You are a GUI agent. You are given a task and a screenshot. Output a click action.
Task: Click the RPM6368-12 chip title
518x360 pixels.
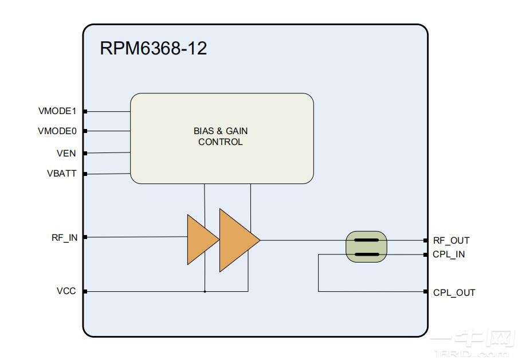153,48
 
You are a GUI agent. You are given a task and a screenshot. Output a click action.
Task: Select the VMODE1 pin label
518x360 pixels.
57,111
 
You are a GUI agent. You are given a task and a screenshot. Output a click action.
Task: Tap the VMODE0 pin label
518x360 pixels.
57,131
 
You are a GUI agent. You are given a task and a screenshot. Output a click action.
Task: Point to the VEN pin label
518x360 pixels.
66,153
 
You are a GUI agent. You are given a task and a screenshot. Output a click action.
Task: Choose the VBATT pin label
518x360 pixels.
61,173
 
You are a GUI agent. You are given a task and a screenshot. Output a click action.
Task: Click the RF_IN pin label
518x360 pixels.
64,237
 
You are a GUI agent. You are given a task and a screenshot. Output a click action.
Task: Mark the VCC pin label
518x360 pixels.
66,291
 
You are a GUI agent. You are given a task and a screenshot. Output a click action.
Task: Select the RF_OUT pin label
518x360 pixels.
451,241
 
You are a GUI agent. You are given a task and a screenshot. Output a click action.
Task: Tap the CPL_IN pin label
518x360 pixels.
449,255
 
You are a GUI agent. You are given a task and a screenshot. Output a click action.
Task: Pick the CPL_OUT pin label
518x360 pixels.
454,292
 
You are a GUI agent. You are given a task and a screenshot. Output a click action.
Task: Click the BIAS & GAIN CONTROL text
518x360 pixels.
221,136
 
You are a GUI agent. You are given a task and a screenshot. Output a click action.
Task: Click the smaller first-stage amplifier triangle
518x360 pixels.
201,240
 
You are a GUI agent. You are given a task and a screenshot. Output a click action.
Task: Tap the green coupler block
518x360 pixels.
366,247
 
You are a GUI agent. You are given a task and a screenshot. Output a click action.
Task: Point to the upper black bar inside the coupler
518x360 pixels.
366,240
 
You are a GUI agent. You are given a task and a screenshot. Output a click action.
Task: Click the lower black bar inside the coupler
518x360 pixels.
366,254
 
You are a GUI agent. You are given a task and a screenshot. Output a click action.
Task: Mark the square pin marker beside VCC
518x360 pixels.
85,292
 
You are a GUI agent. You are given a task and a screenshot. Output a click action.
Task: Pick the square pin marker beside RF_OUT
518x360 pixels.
426,241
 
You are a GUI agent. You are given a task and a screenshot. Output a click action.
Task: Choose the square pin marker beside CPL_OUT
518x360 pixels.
426,292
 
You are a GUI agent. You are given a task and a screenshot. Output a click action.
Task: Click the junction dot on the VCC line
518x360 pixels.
205,292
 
